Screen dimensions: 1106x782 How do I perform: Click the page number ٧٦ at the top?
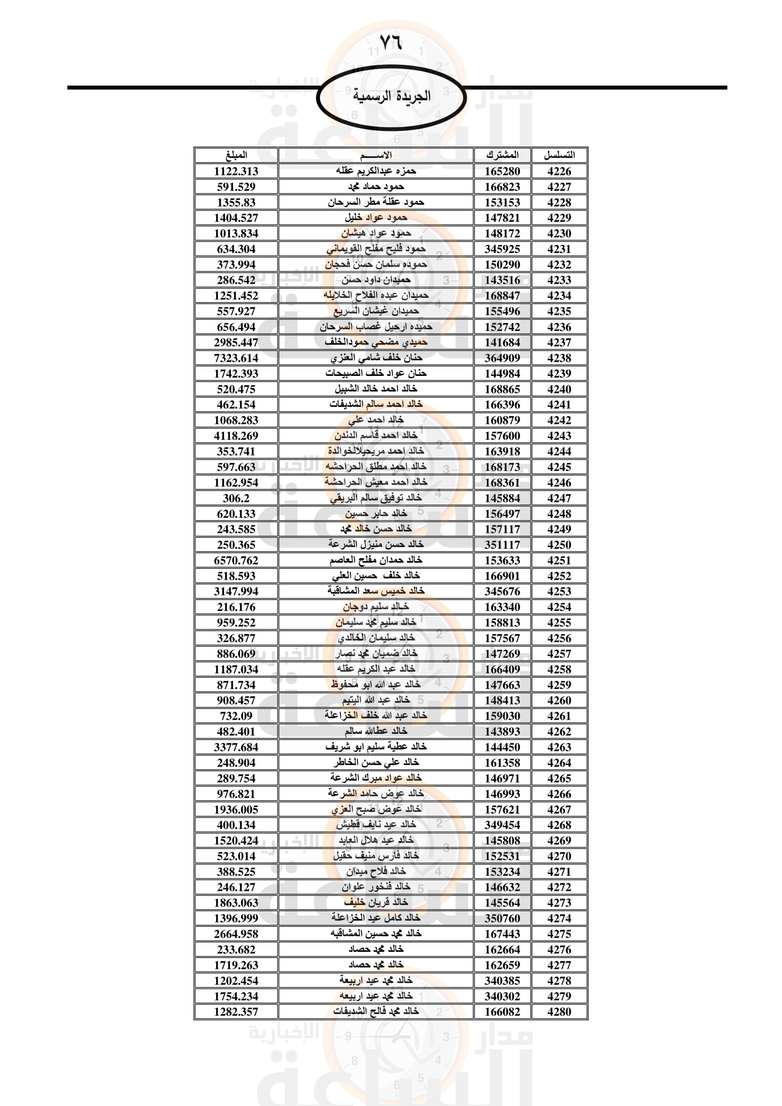pyautogui.click(x=391, y=43)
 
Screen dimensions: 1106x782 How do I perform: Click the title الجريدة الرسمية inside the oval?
pyautogui.click(x=391, y=96)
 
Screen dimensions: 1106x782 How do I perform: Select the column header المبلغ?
pyautogui.click(x=236, y=155)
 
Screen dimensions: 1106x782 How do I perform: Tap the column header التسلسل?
pyautogui.click(x=559, y=155)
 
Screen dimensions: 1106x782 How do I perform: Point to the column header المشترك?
pyautogui.click(x=502, y=155)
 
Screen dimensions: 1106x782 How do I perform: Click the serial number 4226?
pyautogui.click(x=559, y=171)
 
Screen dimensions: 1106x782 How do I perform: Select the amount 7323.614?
pyautogui.click(x=236, y=358)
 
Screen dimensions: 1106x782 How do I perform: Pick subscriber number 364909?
pyautogui.click(x=502, y=358)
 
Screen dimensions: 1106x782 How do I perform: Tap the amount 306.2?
pyautogui.click(x=236, y=498)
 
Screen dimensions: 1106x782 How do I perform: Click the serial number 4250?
pyautogui.click(x=559, y=545)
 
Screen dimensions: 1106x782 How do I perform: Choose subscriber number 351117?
pyautogui.click(x=502, y=545)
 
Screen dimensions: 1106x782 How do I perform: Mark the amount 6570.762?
pyautogui.click(x=236, y=560)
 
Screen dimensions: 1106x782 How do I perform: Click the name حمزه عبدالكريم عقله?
pyautogui.click(x=375, y=171)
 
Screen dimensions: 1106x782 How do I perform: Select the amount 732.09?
pyautogui.click(x=236, y=716)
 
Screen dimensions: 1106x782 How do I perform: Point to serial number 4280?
pyautogui.click(x=559, y=1011)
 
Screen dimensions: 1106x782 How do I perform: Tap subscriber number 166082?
pyautogui.click(x=502, y=1011)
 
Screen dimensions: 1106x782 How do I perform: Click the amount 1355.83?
pyautogui.click(x=236, y=202)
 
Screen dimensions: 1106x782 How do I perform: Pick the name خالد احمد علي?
pyautogui.click(x=375, y=420)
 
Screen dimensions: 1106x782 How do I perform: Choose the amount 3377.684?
pyautogui.click(x=236, y=747)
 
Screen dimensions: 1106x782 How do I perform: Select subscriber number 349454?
pyautogui.click(x=502, y=825)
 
